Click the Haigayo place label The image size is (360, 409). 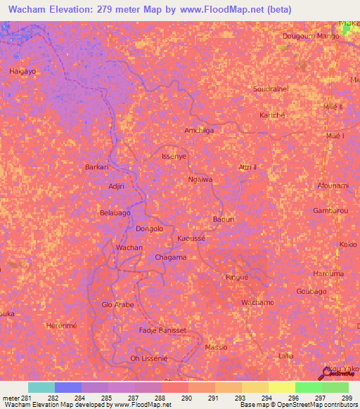coord(22,72)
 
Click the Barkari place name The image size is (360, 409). coord(97,167)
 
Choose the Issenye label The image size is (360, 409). coord(174,156)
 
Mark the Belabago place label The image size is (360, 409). coord(116,212)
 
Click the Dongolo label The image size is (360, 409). coord(149,228)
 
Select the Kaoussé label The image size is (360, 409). coord(191,239)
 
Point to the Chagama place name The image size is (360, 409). coord(171,257)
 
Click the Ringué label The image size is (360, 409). coord(237,277)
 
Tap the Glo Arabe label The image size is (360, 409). coord(118,305)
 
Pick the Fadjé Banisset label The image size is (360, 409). coord(162,330)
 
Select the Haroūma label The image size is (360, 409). coord(328,273)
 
